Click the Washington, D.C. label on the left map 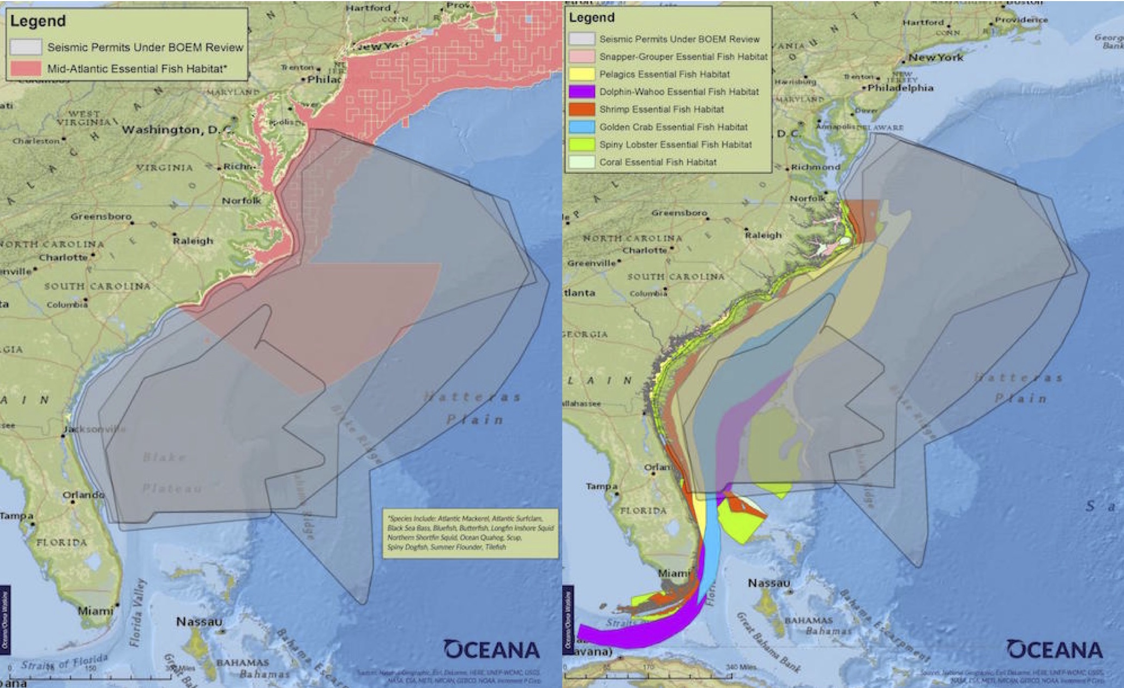177,130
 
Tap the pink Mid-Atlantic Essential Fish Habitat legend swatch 25,68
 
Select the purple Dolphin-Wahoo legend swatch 581,92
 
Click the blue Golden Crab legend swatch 581,127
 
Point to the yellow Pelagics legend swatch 581,74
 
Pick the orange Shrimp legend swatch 581,109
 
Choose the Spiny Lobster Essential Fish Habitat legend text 675,144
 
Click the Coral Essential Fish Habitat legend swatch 581,162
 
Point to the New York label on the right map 936,57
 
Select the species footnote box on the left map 470,533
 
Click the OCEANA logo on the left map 491,649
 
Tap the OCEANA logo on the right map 1054,649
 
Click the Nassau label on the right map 769,583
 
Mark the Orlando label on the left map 83,495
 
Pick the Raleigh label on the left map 193,240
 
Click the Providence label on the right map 1021,20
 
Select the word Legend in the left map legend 38,21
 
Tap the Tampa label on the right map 602,486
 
